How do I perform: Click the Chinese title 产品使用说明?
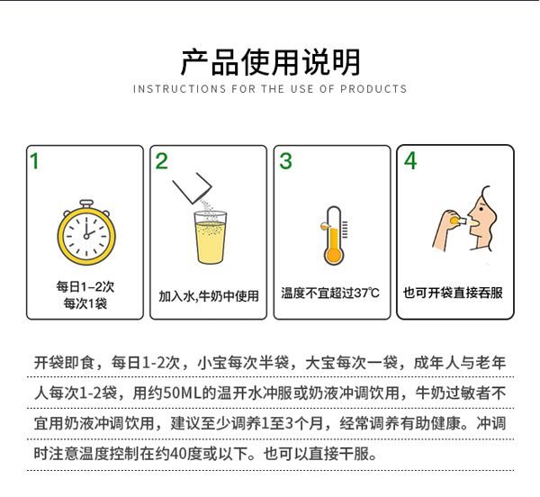coord(270,61)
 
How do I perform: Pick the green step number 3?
coord(285,162)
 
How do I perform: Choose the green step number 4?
coord(410,162)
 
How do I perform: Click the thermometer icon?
coord(333,235)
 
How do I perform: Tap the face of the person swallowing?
coord(481,217)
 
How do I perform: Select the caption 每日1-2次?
coord(85,287)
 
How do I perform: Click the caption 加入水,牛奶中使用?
coord(209,295)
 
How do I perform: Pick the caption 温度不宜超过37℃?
coord(332,294)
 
